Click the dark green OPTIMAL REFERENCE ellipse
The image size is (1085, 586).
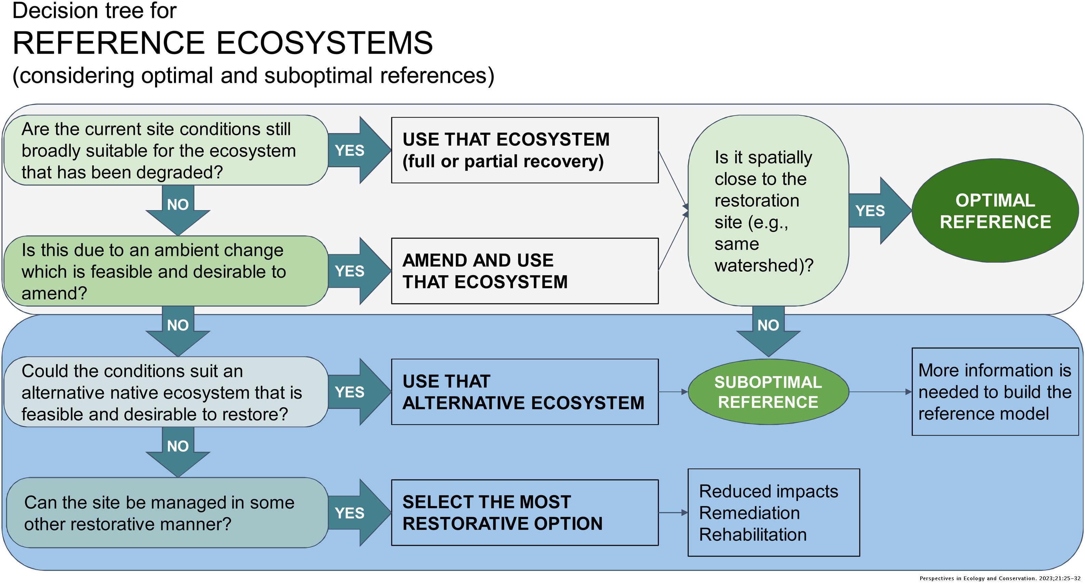(x=995, y=210)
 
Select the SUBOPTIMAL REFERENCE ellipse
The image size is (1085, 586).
(x=768, y=392)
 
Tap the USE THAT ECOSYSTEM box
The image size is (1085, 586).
(x=525, y=150)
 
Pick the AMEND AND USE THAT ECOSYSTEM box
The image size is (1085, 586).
(x=525, y=271)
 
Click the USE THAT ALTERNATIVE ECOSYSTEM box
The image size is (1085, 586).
(x=525, y=392)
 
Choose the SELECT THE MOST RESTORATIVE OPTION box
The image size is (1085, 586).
(x=525, y=513)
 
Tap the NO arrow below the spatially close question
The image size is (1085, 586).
(x=768, y=331)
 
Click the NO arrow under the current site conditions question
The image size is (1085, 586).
(x=178, y=210)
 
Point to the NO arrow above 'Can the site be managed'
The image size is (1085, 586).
(x=178, y=451)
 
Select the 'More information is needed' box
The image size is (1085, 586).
(x=995, y=392)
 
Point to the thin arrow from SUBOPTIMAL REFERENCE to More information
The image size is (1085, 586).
(x=880, y=392)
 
